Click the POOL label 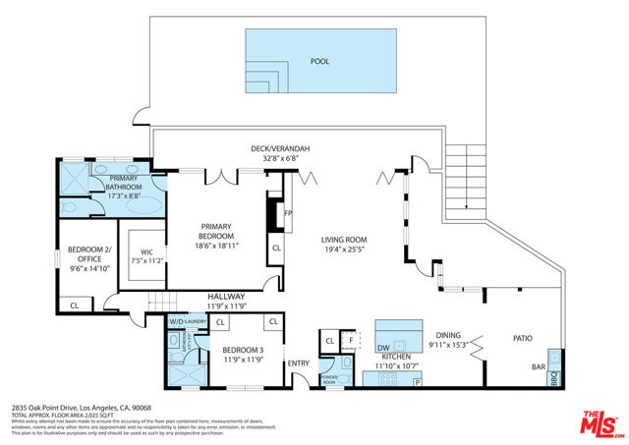319,61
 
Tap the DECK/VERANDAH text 280,149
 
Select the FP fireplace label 288,212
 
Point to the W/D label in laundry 176,321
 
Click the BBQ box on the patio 554,375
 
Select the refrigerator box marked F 351,340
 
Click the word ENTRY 298,363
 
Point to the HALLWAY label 225,296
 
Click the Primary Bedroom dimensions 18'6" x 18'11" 216,248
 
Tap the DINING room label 447,335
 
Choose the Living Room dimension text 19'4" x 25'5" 343,250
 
